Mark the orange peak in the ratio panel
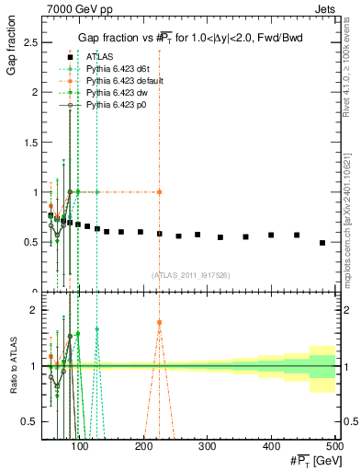[x=160, y=323]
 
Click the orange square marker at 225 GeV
[x=160, y=191]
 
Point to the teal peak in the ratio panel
[x=96, y=328]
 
